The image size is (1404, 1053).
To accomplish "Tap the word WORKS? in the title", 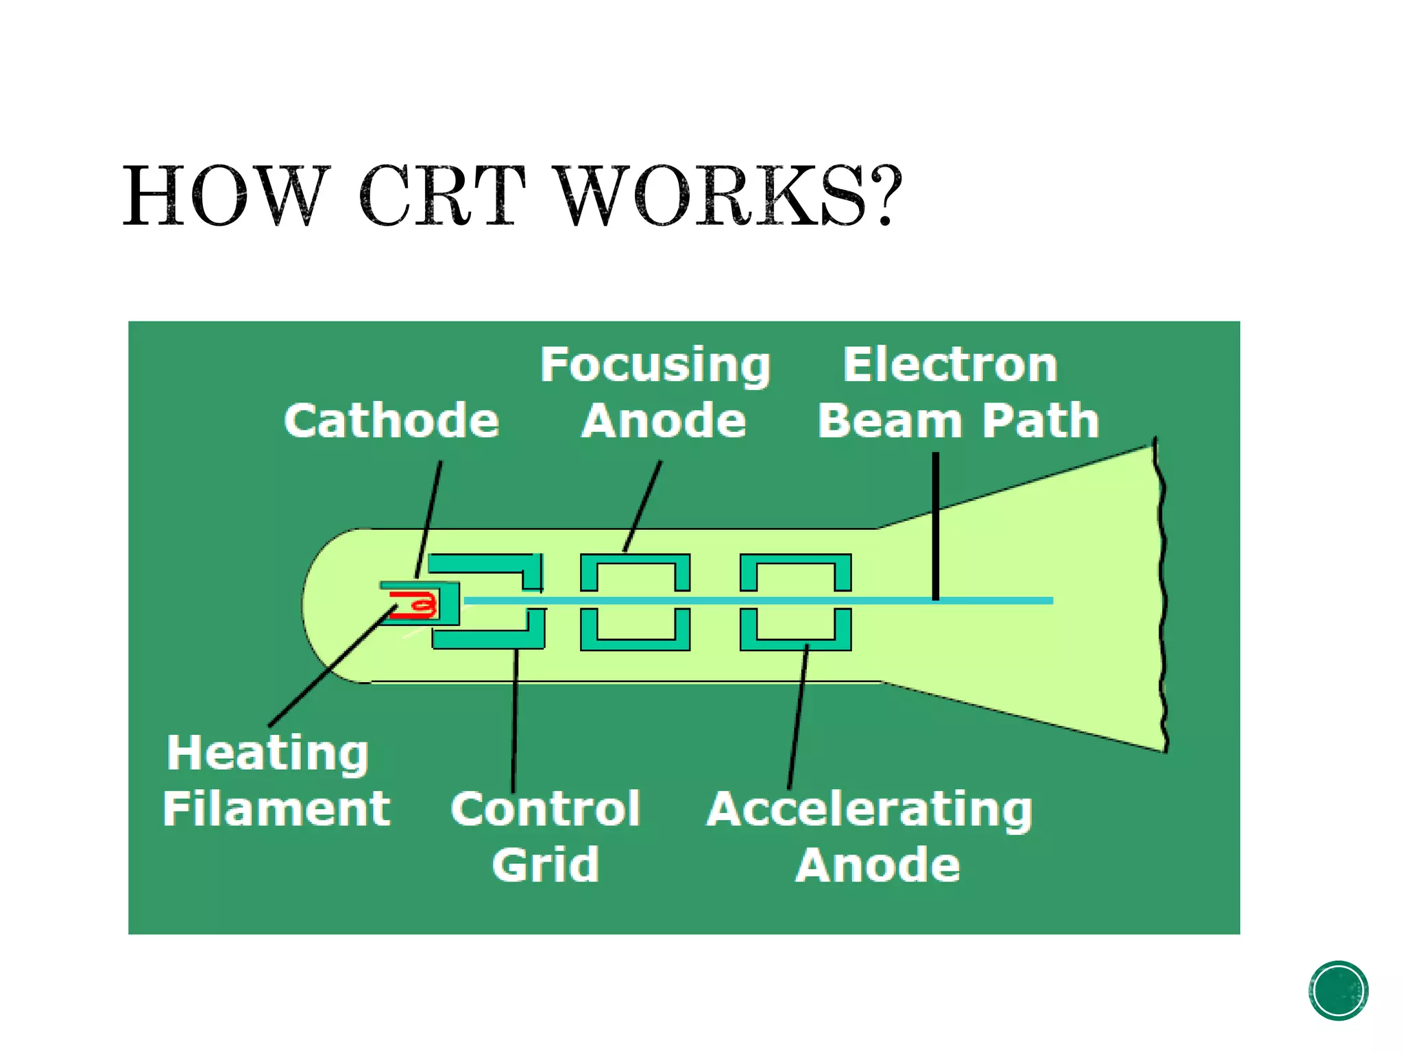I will point(730,196).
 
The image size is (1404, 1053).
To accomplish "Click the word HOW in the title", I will point(223,196).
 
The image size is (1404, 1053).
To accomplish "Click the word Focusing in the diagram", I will point(655,365).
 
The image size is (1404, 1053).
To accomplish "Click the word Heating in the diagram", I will point(268,753).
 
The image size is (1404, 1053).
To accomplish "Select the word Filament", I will point(276,809).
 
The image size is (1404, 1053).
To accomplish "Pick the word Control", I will point(546,809).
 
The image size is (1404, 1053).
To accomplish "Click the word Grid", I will point(546,865).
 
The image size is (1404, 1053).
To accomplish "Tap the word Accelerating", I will point(870,810).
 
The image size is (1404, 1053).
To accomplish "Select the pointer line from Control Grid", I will point(515,720).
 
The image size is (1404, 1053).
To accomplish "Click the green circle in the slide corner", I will point(1338,991).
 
